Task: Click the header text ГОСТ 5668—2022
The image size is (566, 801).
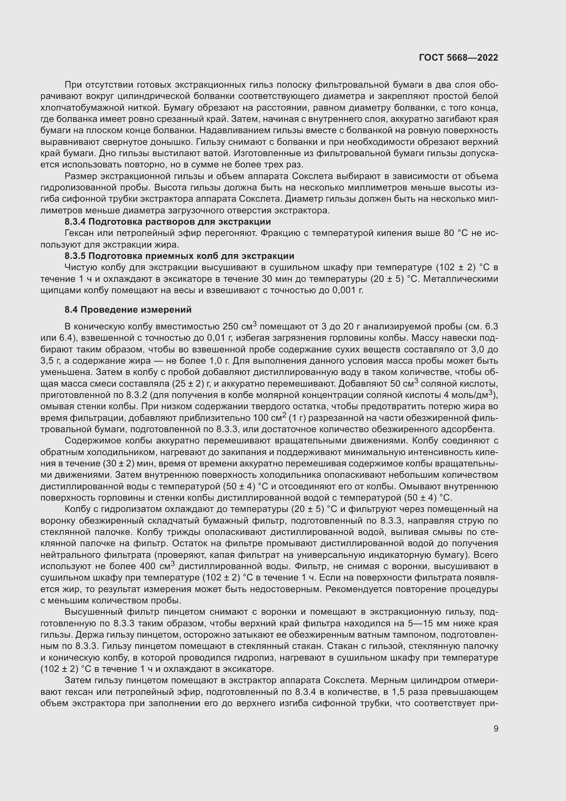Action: pos(458,58)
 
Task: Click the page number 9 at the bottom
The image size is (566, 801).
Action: pos(496,728)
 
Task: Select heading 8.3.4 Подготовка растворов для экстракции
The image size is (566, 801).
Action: pos(168,222)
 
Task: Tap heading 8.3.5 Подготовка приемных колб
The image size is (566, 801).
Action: pos(179,256)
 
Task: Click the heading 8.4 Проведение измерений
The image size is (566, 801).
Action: pos(128,310)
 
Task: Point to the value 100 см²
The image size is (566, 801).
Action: pos(267,418)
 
